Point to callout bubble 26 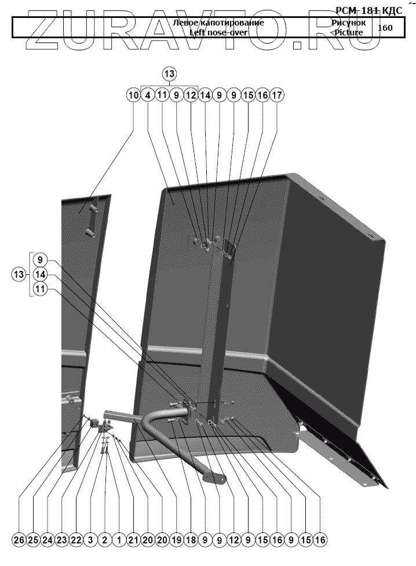coord(19,540)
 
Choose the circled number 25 coord(33,540)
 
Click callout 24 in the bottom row coord(48,540)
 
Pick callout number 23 coord(62,540)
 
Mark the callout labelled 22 coord(76,540)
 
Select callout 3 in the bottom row coord(90,540)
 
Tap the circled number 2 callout coord(105,540)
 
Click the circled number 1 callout coord(119,540)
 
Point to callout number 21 coord(133,540)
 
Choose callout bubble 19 coord(176,540)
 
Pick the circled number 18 coord(191,540)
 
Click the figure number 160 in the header coord(385,27)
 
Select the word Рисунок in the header coord(348,23)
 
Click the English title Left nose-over coord(218,32)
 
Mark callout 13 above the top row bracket coord(169,74)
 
